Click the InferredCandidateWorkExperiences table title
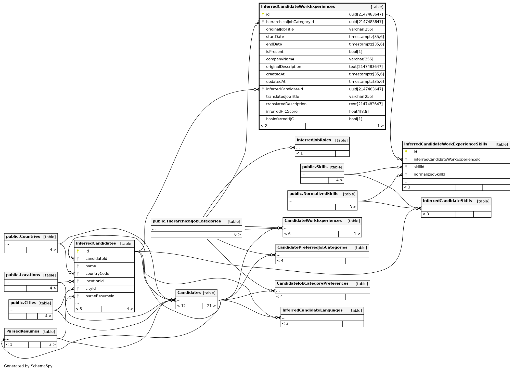tap(298, 7)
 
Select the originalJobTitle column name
tap(280, 29)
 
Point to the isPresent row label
tap(275, 52)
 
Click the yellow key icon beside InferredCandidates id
tap(78, 251)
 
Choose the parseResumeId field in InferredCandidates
tap(100, 296)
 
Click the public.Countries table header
tap(23, 236)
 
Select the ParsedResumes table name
tap(23, 331)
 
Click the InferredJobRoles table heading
tap(314, 140)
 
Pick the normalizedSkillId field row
tap(429, 175)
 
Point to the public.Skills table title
tap(315, 167)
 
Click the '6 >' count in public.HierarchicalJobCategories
tap(237, 234)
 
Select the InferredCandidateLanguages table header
tap(312, 310)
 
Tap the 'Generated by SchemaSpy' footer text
tap(28, 366)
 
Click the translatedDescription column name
tap(286, 104)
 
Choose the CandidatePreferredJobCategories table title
tap(312, 247)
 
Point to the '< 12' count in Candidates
tap(181, 306)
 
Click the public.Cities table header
tap(23, 303)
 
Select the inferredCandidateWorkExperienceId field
tap(447, 160)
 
